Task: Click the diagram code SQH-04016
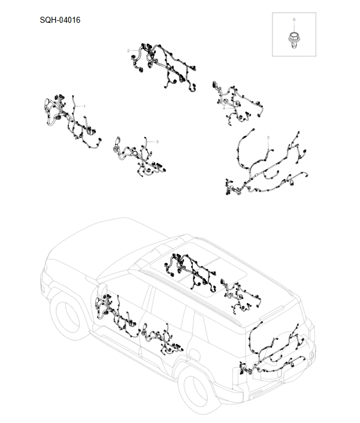(x=60, y=20)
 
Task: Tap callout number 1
(x=84, y=106)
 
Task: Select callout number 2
(x=128, y=51)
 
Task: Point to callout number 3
(x=157, y=141)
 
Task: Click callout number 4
(x=224, y=108)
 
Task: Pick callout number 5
(x=268, y=138)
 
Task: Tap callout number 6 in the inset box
(x=294, y=20)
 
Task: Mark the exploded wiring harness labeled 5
(x=264, y=171)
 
